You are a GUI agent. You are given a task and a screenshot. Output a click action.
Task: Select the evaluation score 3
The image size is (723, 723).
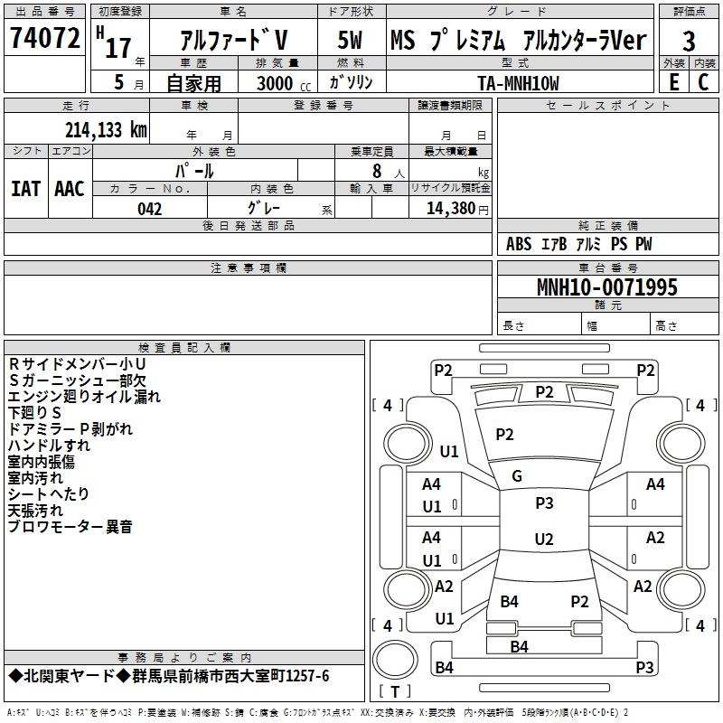point(689,41)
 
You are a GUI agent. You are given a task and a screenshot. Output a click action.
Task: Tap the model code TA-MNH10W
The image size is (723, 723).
point(518,83)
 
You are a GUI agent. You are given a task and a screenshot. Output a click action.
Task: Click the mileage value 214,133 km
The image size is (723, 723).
point(105,130)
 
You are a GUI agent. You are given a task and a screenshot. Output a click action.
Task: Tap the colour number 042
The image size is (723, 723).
point(150,209)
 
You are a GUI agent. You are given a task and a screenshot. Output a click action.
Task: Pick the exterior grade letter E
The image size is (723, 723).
point(673,82)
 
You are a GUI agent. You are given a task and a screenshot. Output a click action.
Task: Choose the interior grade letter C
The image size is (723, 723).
point(703,82)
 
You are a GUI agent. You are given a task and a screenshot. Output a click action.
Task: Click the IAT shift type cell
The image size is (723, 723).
point(25,188)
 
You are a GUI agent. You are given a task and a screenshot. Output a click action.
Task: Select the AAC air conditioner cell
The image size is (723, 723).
point(70,188)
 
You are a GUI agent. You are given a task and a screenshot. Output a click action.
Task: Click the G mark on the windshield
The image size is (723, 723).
point(517,476)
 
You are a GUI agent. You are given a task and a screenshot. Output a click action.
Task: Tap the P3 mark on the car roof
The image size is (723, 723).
point(544,503)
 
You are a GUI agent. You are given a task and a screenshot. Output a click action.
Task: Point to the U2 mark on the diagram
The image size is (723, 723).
point(544,540)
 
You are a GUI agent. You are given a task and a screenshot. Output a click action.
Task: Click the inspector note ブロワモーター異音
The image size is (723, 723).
point(70,526)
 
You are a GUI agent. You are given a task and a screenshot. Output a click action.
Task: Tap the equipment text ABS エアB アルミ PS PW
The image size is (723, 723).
point(578,244)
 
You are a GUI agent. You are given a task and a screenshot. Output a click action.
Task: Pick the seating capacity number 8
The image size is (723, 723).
point(376,171)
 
